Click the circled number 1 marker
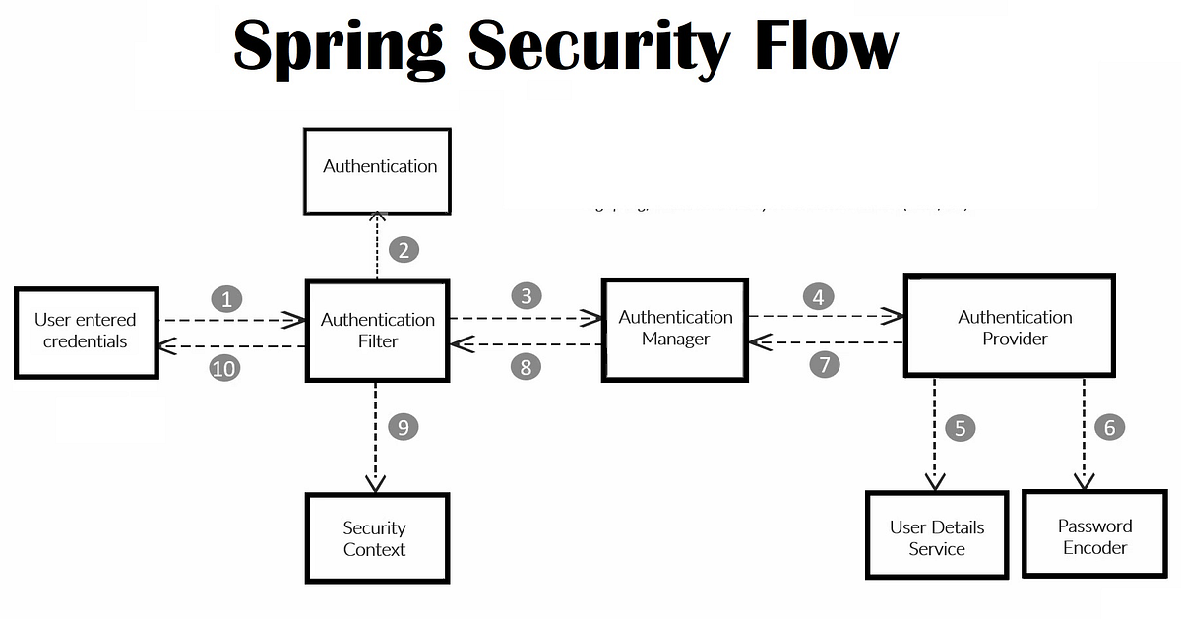[226, 299]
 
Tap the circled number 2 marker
[404, 250]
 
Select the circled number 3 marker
[527, 295]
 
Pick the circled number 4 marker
[817, 295]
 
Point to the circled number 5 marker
[960, 428]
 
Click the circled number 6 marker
[1109, 427]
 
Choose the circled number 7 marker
[825, 365]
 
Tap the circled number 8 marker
[527, 367]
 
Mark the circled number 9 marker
[403, 427]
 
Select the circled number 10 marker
[224, 368]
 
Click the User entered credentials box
[86, 332]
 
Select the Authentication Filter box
[377, 331]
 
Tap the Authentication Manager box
[675, 329]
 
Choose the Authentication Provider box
[1014, 327]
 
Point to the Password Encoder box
[1094, 536]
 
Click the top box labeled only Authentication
[378, 169]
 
